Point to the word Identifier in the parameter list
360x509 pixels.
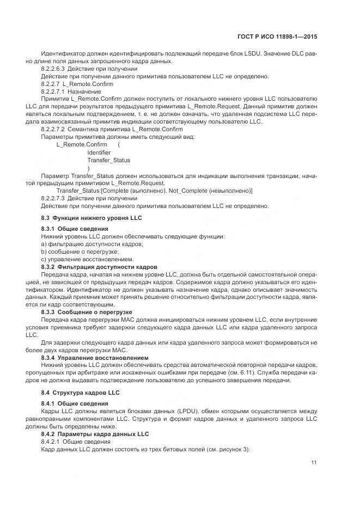coord(99,152)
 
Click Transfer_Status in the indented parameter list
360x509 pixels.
coord(108,161)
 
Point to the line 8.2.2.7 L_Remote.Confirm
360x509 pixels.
coord(77,84)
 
